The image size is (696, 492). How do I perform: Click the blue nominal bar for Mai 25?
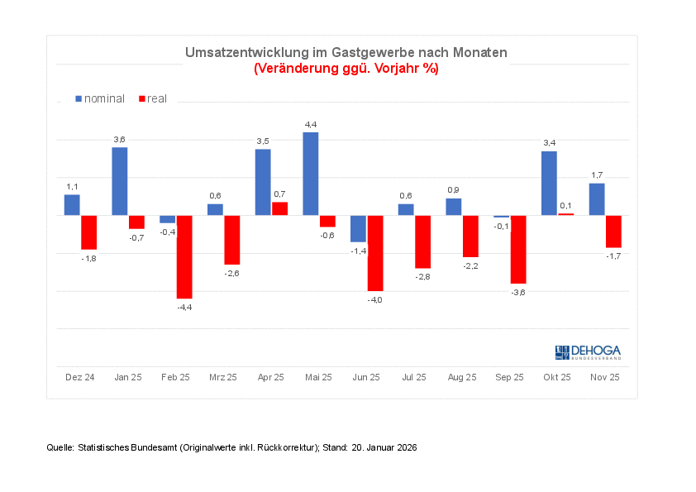point(311,174)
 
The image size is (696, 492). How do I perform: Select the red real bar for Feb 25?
point(184,256)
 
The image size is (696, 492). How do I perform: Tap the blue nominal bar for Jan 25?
point(120,181)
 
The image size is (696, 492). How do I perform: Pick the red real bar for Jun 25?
point(375,253)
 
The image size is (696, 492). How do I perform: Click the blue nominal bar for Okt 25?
point(549,183)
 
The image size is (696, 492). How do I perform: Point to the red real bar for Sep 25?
point(518,249)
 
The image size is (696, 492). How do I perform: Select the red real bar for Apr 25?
point(280,208)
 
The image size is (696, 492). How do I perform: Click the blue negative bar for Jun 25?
point(358,228)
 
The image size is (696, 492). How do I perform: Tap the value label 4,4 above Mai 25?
point(311,124)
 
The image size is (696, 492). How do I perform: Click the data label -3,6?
point(517,293)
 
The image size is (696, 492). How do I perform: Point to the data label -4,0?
point(374,300)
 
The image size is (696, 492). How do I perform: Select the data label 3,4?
point(549,143)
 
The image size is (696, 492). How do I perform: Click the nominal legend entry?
point(100,98)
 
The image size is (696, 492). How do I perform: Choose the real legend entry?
point(153,98)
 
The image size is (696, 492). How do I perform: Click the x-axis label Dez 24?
point(80,377)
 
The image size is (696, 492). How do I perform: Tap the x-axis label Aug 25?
point(461,377)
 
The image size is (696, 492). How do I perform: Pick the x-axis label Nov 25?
point(604,377)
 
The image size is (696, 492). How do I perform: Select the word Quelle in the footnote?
point(60,447)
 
